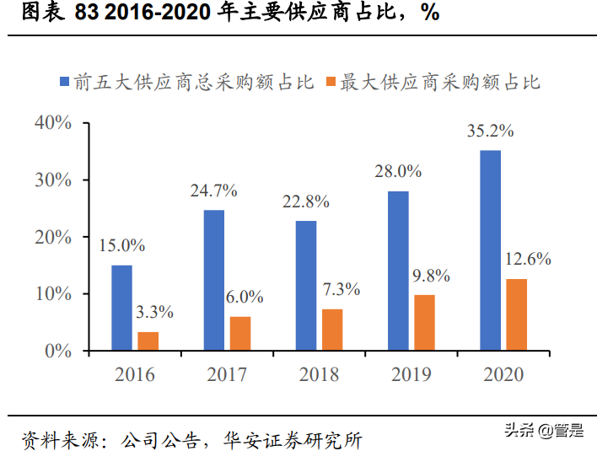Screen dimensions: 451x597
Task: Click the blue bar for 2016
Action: [x=122, y=308]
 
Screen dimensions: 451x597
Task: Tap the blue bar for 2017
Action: [x=214, y=280]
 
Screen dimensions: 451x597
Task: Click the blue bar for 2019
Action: [x=398, y=271]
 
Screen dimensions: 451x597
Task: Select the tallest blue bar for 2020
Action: [x=490, y=250]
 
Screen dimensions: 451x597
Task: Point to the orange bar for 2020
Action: [x=516, y=314]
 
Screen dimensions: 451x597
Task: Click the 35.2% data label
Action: [x=490, y=132]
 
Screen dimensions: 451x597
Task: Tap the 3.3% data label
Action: [x=154, y=313]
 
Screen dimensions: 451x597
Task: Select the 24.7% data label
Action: [x=214, y=191]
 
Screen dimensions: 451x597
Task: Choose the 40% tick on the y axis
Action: [x=52, y=123]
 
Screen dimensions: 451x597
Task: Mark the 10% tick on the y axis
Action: [x=52, y=294]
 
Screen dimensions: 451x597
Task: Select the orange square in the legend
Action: [x=331, y=83]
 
